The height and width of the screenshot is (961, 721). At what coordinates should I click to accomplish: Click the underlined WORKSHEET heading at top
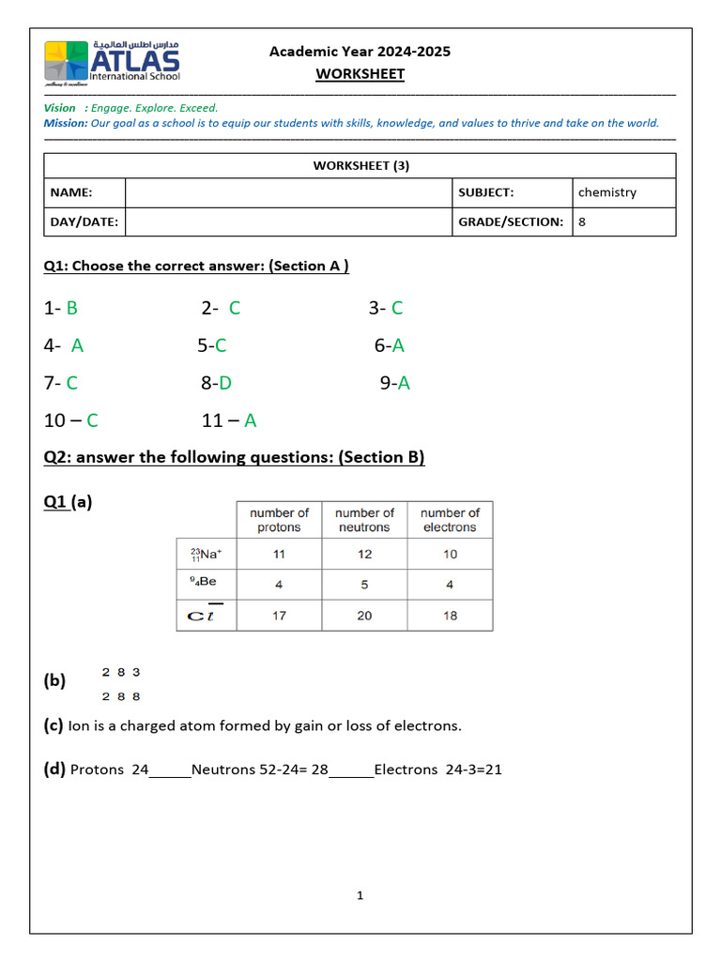tap(360, 74)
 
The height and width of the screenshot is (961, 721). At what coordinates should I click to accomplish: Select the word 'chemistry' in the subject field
tap(607, 192)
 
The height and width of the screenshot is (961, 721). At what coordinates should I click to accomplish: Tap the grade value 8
tap(582, 222)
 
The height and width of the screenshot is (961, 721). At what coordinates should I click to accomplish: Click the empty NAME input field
tap(288, 192)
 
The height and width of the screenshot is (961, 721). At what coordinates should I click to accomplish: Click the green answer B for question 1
tap(72, 308)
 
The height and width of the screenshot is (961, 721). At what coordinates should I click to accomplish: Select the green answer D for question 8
tap(225, 383)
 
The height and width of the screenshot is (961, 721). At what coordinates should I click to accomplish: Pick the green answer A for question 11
tap(251, 420)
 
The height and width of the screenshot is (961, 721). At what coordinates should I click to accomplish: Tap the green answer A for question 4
tap(77, 345)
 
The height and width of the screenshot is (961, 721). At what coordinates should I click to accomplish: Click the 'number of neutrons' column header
tap(364, 520)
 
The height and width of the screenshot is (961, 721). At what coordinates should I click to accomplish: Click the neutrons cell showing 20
tap(364, 616)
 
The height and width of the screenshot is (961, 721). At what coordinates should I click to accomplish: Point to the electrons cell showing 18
tap(450, 616)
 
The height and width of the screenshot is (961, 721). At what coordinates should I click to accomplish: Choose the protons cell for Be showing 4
tap(279, 584)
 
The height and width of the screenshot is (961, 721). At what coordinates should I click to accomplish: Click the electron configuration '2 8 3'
tap(121, 672)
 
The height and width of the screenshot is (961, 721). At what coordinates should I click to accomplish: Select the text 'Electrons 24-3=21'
tap(438, 770)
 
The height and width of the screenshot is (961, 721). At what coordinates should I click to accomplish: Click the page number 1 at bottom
tap(360, 895)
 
